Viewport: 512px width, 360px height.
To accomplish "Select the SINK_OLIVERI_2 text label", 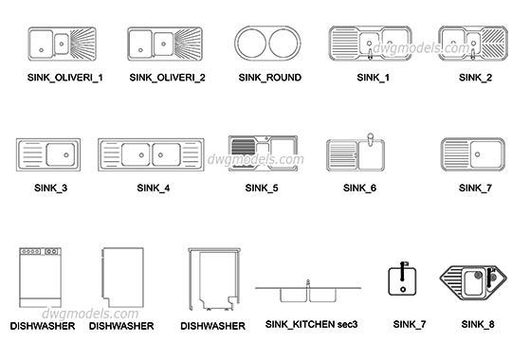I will point(168,77).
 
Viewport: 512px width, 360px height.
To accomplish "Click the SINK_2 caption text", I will point(475,77).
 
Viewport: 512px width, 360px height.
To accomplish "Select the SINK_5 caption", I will point(262,188).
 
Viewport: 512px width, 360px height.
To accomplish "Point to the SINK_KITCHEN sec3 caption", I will point(311,325).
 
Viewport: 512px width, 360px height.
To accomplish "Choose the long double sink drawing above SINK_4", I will point(151,153).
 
